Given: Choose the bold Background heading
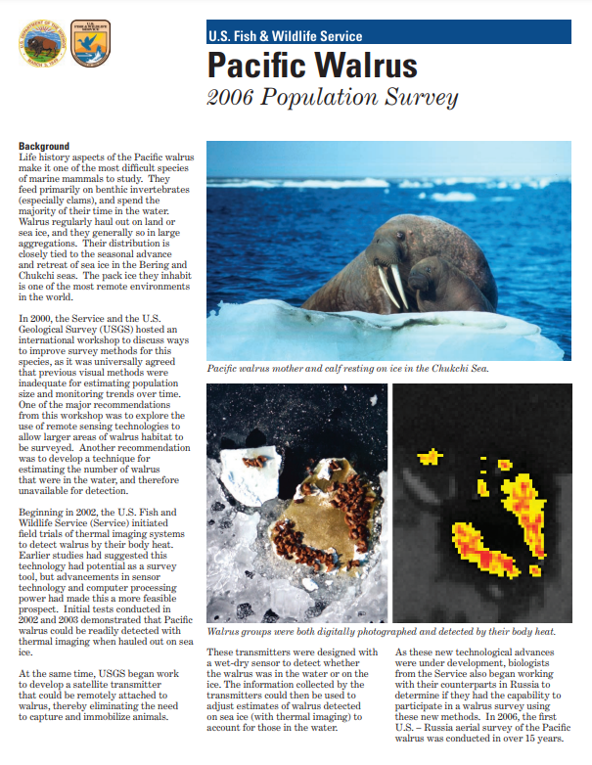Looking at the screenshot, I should click(43, 147).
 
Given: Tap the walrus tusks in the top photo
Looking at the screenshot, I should click(393, 286).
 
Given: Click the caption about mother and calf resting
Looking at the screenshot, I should click(347, 369).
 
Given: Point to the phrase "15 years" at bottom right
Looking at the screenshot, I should click(536, 738).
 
